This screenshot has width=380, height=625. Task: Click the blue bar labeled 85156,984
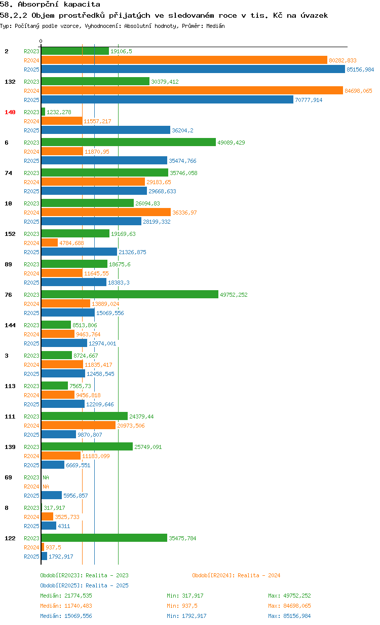tap(193, 69)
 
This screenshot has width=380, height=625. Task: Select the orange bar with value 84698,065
tap(192, 90)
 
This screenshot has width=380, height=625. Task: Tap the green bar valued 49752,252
tap(130, 294)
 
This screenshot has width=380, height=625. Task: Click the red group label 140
tap(10, 112)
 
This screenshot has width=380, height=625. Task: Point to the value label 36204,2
tap(182, 130)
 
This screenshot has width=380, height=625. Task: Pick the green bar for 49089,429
tap(129, 142)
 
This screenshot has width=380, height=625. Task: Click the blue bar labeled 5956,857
tap(52, 495)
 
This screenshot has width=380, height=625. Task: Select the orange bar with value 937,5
tap(43, 547)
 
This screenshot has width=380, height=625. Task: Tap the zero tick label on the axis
tap(41, 41)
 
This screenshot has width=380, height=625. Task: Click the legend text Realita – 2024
tap(259, 575)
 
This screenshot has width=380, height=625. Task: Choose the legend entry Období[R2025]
tap(61, 585)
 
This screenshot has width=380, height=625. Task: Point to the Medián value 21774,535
tap(78, 596)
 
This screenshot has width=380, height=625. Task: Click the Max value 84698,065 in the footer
tap(297, 606)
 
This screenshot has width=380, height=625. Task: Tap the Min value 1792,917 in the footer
tap(194, 616)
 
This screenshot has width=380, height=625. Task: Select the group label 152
tap(10, 234)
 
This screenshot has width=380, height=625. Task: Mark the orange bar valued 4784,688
tap(50, 242)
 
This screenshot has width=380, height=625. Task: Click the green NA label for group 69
tap(46, 477)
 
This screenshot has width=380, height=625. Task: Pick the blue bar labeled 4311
tap(49, 526)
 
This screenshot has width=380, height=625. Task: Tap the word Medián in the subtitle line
tap(215, 26)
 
